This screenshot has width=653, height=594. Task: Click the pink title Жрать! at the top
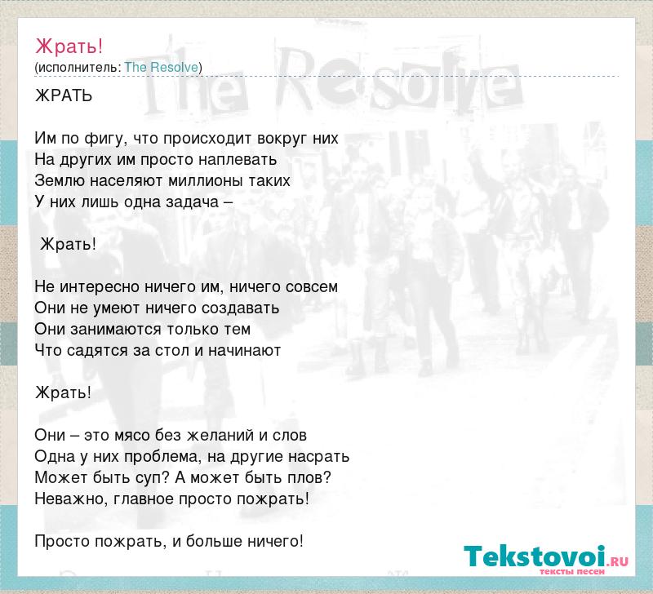tap(69, 47)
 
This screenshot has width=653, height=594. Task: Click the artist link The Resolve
tap(161, 67)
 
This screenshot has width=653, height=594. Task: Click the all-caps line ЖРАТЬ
tap(64, 95)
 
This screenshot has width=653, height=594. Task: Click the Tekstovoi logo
tap(546, 557)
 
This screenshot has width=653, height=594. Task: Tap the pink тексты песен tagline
tap(572, 571)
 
